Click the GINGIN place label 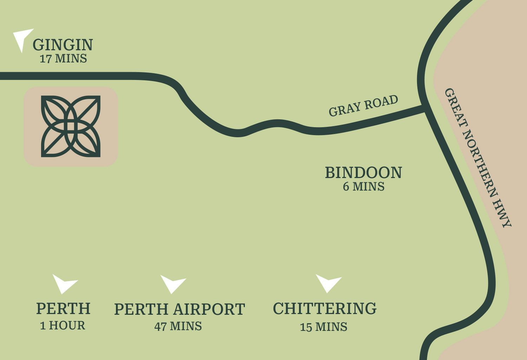click(63, 45)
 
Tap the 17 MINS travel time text click(63, 58)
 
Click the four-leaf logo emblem click(71, 126)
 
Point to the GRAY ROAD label click(363, 105)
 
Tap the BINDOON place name click(363, 173)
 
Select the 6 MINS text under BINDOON click(364, 186)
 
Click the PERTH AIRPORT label click(179, 309)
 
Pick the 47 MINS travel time click(178, 326)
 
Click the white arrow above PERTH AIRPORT click(172, 283)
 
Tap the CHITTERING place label click(325, 308)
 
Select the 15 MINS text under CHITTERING click(324, 327)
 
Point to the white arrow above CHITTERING click(327, 282)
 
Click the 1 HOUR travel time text click(63, 326)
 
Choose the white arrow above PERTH click(64, 282)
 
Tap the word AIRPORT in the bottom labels click(209, 309)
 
